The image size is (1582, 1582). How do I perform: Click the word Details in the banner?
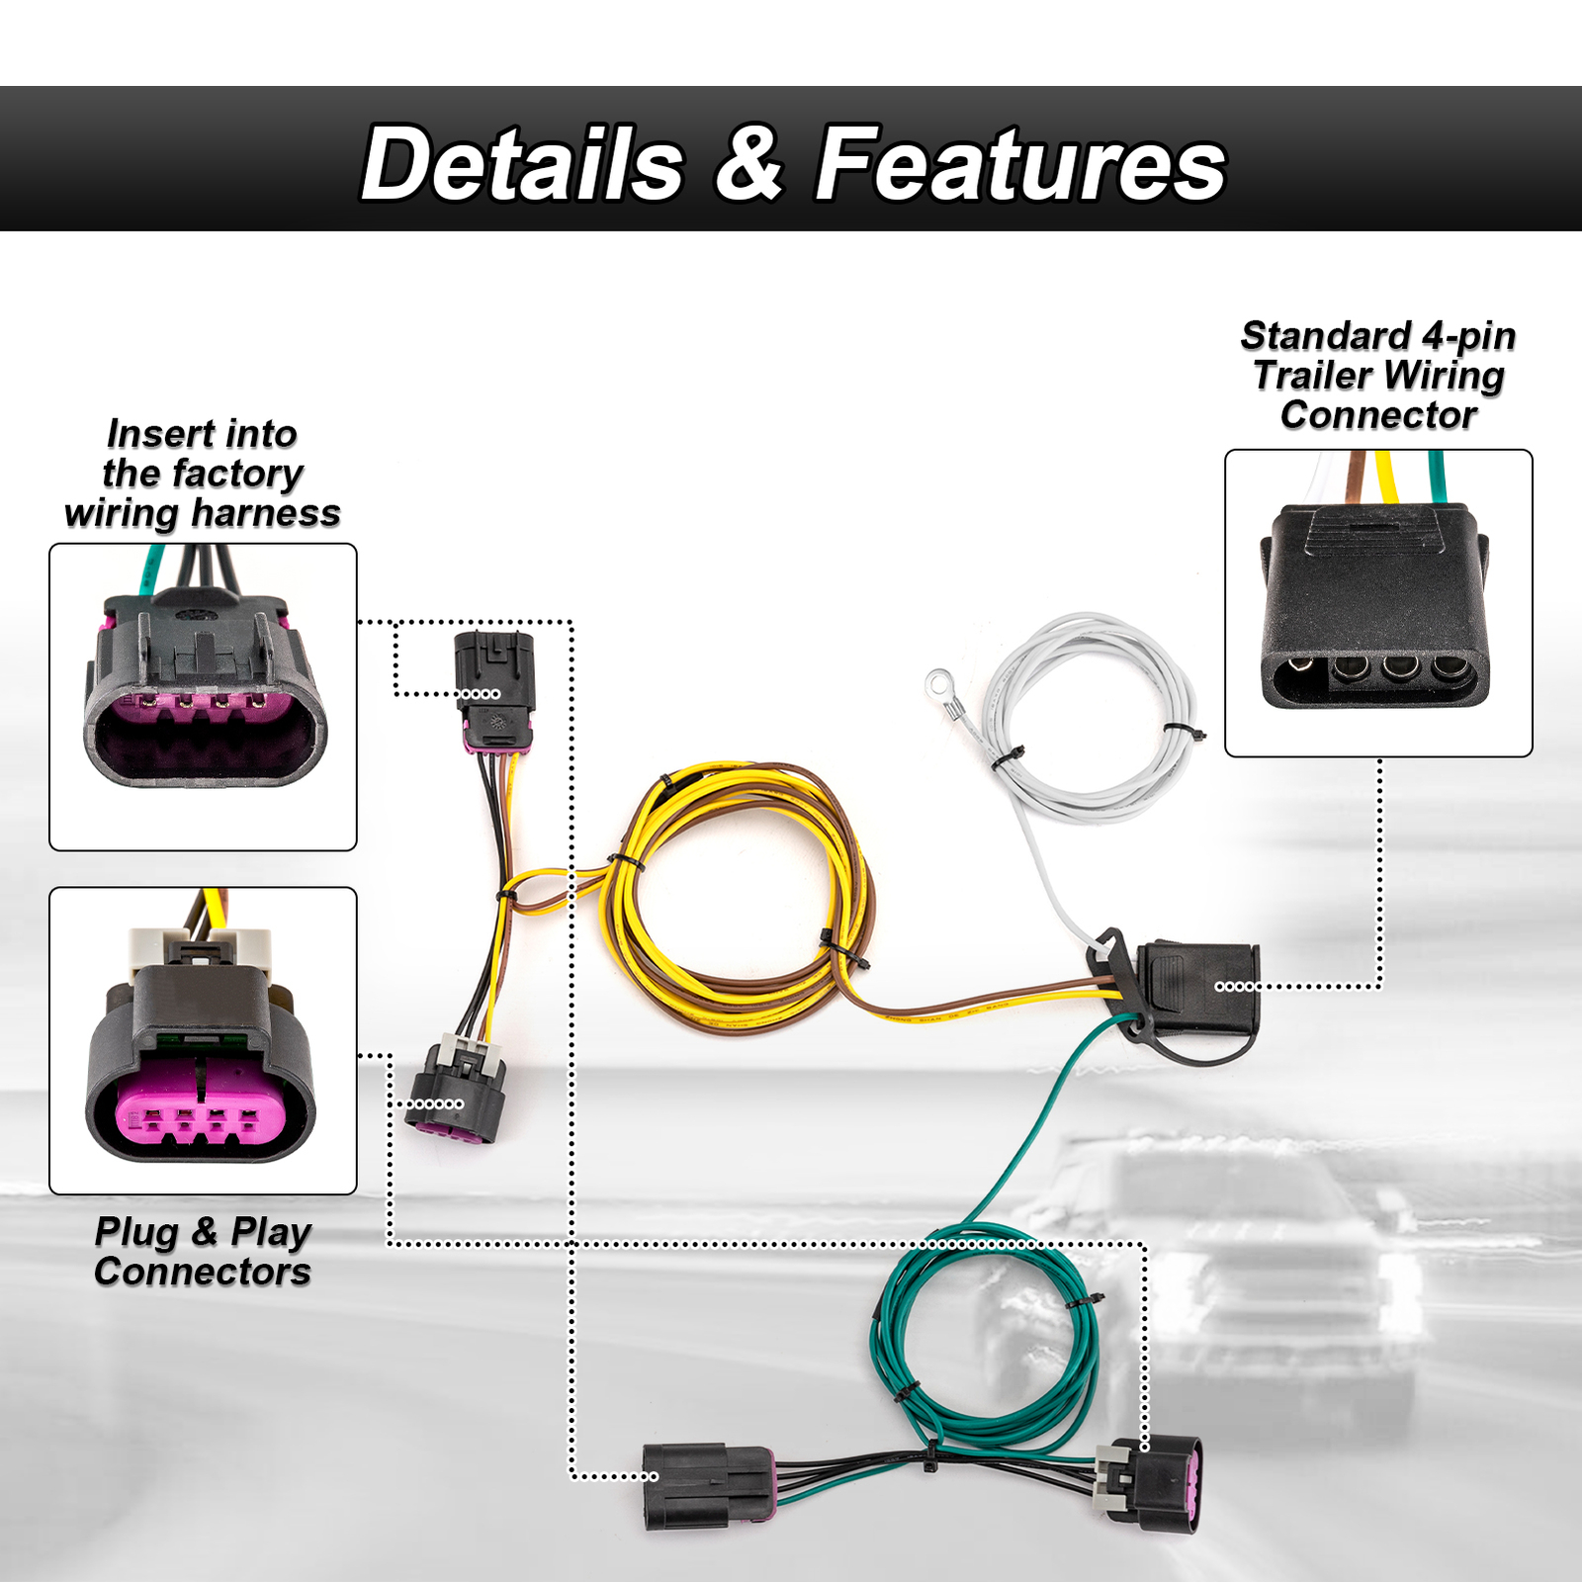[522, 164]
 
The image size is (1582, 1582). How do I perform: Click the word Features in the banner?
[1020, 164]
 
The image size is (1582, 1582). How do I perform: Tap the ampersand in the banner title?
[748, 162]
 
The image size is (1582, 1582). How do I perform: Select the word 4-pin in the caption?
[1468, 336]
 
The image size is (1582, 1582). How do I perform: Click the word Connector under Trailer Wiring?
[1378, 415]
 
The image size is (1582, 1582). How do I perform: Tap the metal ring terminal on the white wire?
[938, 682]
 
